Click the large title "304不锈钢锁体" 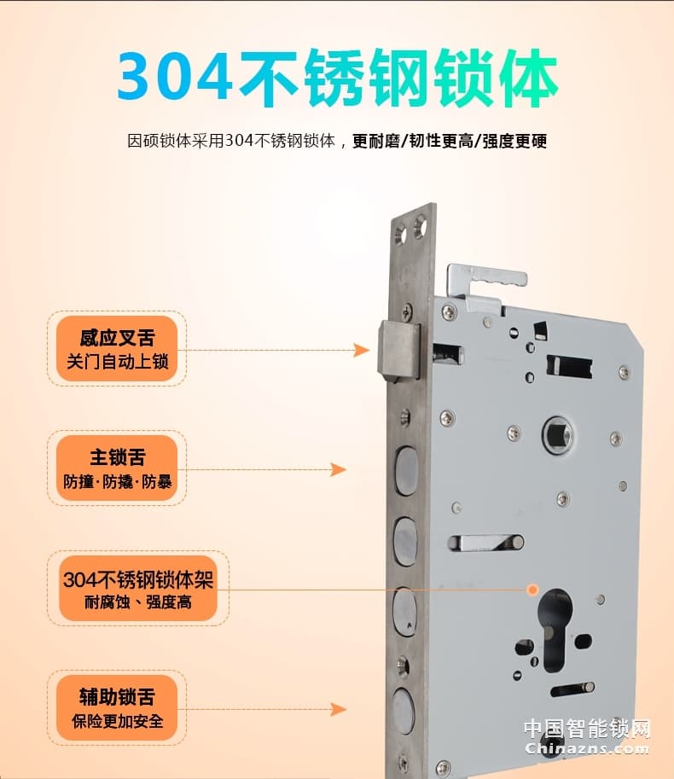(x=337, y=78)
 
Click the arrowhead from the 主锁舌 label (x=339, y=469)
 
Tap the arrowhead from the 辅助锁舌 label (x=339, y=709)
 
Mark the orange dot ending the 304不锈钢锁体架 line (x=533, y=589)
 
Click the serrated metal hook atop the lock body (x=486, y=278)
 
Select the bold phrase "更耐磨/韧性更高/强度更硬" (x=450, y=141)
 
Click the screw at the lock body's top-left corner (x=450, y=311)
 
